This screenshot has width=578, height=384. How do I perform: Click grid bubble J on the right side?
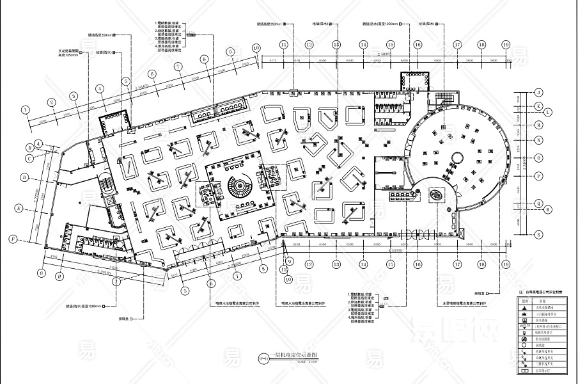(539, 93)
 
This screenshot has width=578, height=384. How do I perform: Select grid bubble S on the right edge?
(539, 234)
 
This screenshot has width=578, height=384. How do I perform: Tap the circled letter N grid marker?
(539, 140)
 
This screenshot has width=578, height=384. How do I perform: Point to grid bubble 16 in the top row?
(418, 45)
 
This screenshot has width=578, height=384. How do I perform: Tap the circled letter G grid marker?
(42, 273)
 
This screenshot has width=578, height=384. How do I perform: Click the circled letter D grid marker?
(24, 177)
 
